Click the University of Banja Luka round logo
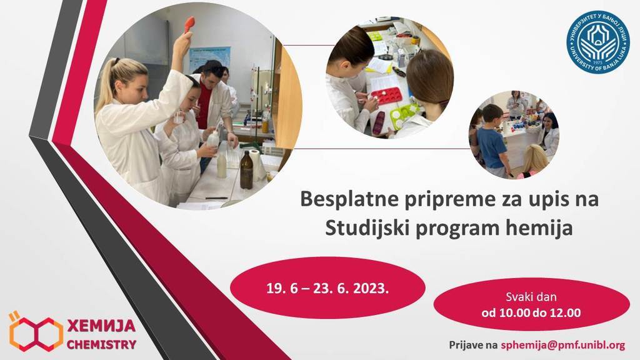coord(598,42)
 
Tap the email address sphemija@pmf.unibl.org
coord(563,345)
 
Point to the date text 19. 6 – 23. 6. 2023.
coord(327,288)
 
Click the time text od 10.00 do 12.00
coord(531,313)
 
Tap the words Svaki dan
coord(531,297)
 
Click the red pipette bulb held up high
coord(189,24)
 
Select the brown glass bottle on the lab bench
coord(246,170)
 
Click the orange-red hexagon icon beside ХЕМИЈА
coord(36,332)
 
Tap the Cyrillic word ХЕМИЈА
coord(101,326)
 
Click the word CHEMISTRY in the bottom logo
coord(101,344)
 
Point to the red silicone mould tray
coord(386,96)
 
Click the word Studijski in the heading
coord(367,227)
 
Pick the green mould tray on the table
coord(404,116)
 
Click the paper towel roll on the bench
coord(257,165)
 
